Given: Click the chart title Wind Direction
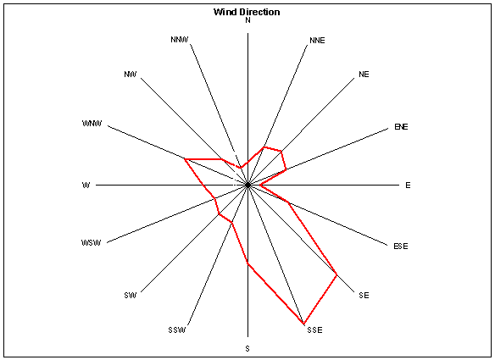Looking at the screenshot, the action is pyautogui.click(x=247, y=12).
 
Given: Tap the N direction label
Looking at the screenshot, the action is pyautogui.click(x=247, y=20).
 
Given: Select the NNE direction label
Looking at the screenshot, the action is pyautogui.click(x=317, y=41).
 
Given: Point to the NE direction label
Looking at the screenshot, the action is pyautogui.click(x=364, y=75).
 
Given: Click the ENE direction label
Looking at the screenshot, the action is pyautogui.click(x=401, y=126).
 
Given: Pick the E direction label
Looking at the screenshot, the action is pyautogui.click(x=408, y=186).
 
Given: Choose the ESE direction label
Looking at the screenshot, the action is pyautogui.click(x=401, y=246).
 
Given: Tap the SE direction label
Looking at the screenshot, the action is pyautogui.click(x=364, y=295).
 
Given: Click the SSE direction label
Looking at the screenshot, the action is pyautogui.click(x=314, y=330).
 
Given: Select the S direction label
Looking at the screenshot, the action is pyautogui.click(x=247, y=348).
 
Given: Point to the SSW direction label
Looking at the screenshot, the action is pyautogui.click(x=177, y=330).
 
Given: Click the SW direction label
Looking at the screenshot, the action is pyautogui.click(x=130, y=295).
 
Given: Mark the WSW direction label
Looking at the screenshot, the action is pyautogui.click(x=92, y=242).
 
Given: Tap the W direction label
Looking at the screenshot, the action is pyautogui.click(x=86, y=185).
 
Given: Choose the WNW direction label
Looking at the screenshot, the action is pyautogui.click(x=92, y=123).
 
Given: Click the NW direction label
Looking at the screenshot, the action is pyautogui.click(x=130, y=75).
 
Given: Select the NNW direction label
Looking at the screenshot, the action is pyautogui.click(x=180, y=40).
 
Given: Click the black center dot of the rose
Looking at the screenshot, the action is pyautogui.click(x=247, y=185).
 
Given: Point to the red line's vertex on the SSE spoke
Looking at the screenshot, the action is pyautogui.click(x=303, y=324).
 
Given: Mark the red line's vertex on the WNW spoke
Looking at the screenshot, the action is pyautogui.click(x=186, y=159).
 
